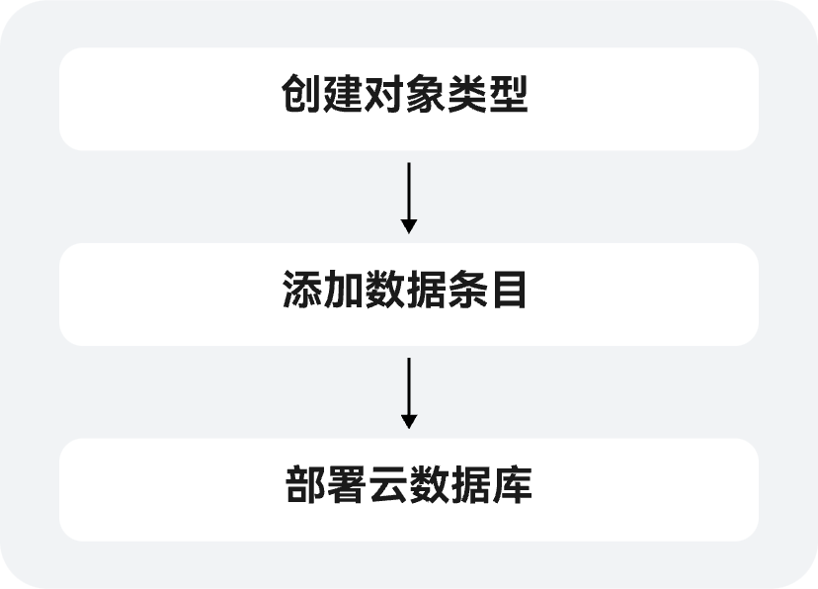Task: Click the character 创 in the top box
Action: point(301,98)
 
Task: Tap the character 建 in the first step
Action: point(343,98)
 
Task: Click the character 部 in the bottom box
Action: point(305,488)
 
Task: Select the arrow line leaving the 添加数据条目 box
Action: point(409,386)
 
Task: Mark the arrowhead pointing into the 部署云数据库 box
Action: point(409,422)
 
